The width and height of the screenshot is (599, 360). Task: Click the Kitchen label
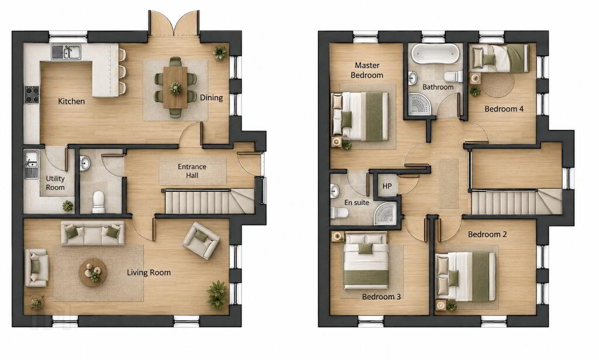(x=71, y=101)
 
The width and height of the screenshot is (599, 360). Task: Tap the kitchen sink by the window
(x=66, y=52)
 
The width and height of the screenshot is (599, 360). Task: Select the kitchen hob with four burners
(x=32, y=95)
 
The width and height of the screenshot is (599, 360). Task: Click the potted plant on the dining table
(x=175, y=88)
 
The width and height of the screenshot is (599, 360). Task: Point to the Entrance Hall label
(x=192, y=171)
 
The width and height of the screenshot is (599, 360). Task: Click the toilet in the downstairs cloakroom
(x=98, y=202)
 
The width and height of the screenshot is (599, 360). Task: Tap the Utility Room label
(x=56, y=183)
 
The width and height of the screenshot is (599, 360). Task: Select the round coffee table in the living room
(x=93, y=272)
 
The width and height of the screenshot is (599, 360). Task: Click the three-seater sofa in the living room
(x=93, y=233)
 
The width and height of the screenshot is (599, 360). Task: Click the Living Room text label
(x=149, y=272)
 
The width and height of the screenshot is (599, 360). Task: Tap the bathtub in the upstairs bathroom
(x=435, y=54)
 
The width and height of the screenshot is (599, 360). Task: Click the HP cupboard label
(x=387, y=186)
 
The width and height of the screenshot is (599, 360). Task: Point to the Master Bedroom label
(x=367, y=70)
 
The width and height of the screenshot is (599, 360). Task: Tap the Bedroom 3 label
(x=381, y=297)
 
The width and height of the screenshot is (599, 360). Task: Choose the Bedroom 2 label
(x=487, y=234)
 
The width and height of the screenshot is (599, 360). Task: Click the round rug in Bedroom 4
(x=497, y=85)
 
